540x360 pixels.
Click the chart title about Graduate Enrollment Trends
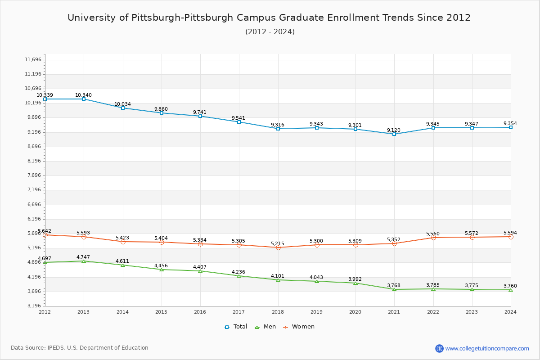pos(269,18)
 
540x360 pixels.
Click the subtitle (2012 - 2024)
pos(270,31)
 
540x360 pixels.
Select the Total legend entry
pos(236,327)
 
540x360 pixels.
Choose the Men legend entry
pos(266,327)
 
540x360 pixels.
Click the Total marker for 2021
pos(394,134)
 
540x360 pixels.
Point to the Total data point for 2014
pos(122,108)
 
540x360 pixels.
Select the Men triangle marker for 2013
pos(84,261)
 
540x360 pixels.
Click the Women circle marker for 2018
pos(278,247)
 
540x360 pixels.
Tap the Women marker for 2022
pos(433,238)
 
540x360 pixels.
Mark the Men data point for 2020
pos(355,283)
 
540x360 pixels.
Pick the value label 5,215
pos(278,243)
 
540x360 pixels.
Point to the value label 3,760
pos(510,286)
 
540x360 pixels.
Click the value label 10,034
pos(122,104)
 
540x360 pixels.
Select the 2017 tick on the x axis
pos(239,311)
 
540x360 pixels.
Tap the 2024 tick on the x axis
pos(510,311)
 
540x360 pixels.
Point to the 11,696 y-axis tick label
pos(33,59)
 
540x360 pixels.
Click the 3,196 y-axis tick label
pos(33,306)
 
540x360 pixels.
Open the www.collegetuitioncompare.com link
pos(487,348)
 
